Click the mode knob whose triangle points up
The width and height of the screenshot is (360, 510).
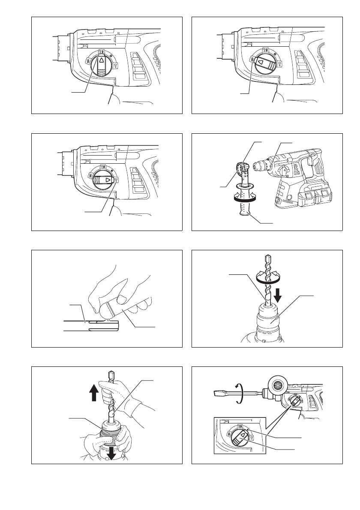[x=101, y=64]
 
